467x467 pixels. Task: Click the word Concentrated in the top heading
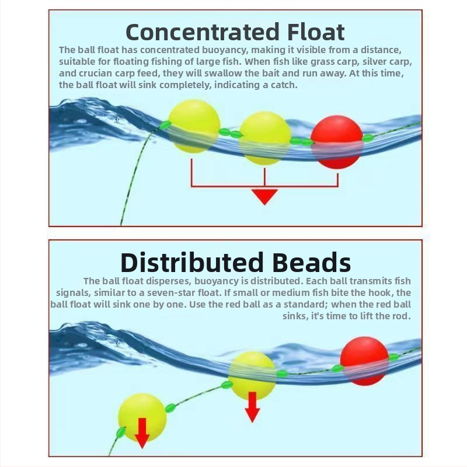(203, 32)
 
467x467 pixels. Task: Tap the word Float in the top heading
(316, 32)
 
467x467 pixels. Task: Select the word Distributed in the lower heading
(192, 262)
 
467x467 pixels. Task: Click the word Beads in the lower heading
(312, 262)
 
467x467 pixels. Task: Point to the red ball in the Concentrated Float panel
(337, 142)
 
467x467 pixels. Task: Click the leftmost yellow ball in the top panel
(194, 126)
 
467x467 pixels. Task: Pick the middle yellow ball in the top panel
(265, 138)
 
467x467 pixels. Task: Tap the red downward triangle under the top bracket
(264, 196)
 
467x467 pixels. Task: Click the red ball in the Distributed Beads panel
(364, 361)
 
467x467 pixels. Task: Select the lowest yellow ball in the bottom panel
(142, 417)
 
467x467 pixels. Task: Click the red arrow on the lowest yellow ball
(142, 433)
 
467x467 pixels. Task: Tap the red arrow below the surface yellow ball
(252, 407)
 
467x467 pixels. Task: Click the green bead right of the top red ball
(368, 138)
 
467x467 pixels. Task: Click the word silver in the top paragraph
(373, 61)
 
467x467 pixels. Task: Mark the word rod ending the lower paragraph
(403, 316)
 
